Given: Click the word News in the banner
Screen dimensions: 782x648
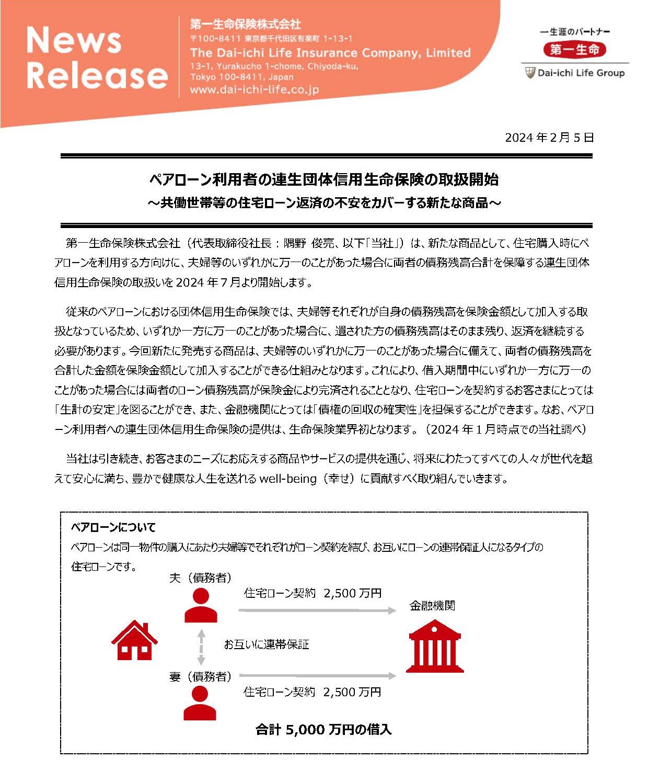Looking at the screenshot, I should (74, 40).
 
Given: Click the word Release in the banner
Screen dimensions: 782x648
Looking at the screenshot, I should (97, 75).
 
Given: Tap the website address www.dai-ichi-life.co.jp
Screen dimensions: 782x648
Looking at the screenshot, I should (254, 89).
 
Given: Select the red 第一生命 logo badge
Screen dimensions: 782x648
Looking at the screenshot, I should (574, 50).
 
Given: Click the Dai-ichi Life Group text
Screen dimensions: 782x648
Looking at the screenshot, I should (581, 73).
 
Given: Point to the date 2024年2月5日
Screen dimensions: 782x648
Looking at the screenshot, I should (549, 138).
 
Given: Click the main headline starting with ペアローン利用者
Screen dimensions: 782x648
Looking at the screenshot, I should (324, 179).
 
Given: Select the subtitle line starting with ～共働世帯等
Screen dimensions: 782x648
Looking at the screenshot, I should (324, 202).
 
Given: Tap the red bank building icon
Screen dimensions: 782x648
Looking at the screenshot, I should (435, 647).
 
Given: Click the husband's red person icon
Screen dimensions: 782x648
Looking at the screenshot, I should (201, 605).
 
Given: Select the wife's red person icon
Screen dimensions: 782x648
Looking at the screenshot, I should (200, 704).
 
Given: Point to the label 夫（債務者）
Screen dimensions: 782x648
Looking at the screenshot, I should (200, 578).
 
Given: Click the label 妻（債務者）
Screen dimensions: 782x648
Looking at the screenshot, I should (200, 677).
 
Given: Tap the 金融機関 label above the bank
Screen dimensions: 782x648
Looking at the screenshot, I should (432, 606).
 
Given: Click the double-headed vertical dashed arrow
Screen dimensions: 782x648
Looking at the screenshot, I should (201, 647).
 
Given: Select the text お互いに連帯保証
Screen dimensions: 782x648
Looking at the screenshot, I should (267, 644).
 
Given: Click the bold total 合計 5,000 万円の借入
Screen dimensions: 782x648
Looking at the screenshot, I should (323, 730).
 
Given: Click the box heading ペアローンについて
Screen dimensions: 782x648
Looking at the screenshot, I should (113, 527).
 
